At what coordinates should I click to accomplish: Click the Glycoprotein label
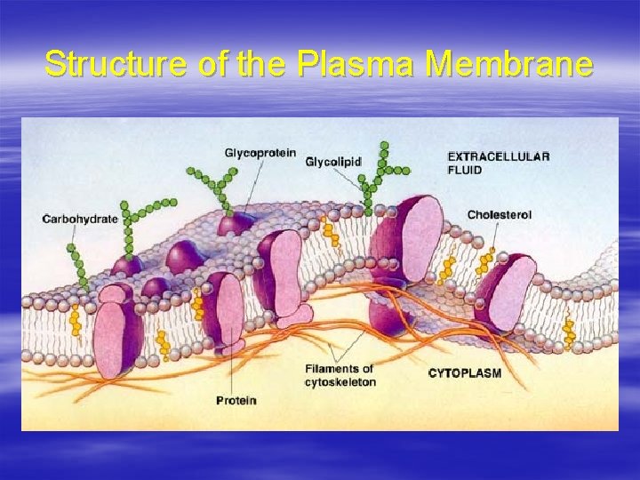260,153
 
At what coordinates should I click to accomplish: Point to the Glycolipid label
333,162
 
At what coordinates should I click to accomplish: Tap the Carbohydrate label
80,219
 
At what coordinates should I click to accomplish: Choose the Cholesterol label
500,214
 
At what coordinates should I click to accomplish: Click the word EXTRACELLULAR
498,156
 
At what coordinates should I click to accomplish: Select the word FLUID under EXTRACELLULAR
465,169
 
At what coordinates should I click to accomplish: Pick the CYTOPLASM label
465,372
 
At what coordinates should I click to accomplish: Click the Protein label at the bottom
236,400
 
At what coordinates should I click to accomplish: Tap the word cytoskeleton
340,382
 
